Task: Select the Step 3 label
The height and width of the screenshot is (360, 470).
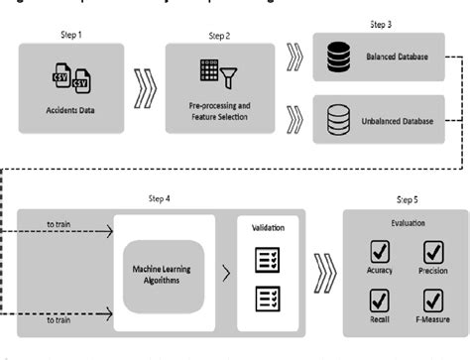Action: (x=382, y=24)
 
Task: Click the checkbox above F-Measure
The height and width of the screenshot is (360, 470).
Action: (x=433, y=298)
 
